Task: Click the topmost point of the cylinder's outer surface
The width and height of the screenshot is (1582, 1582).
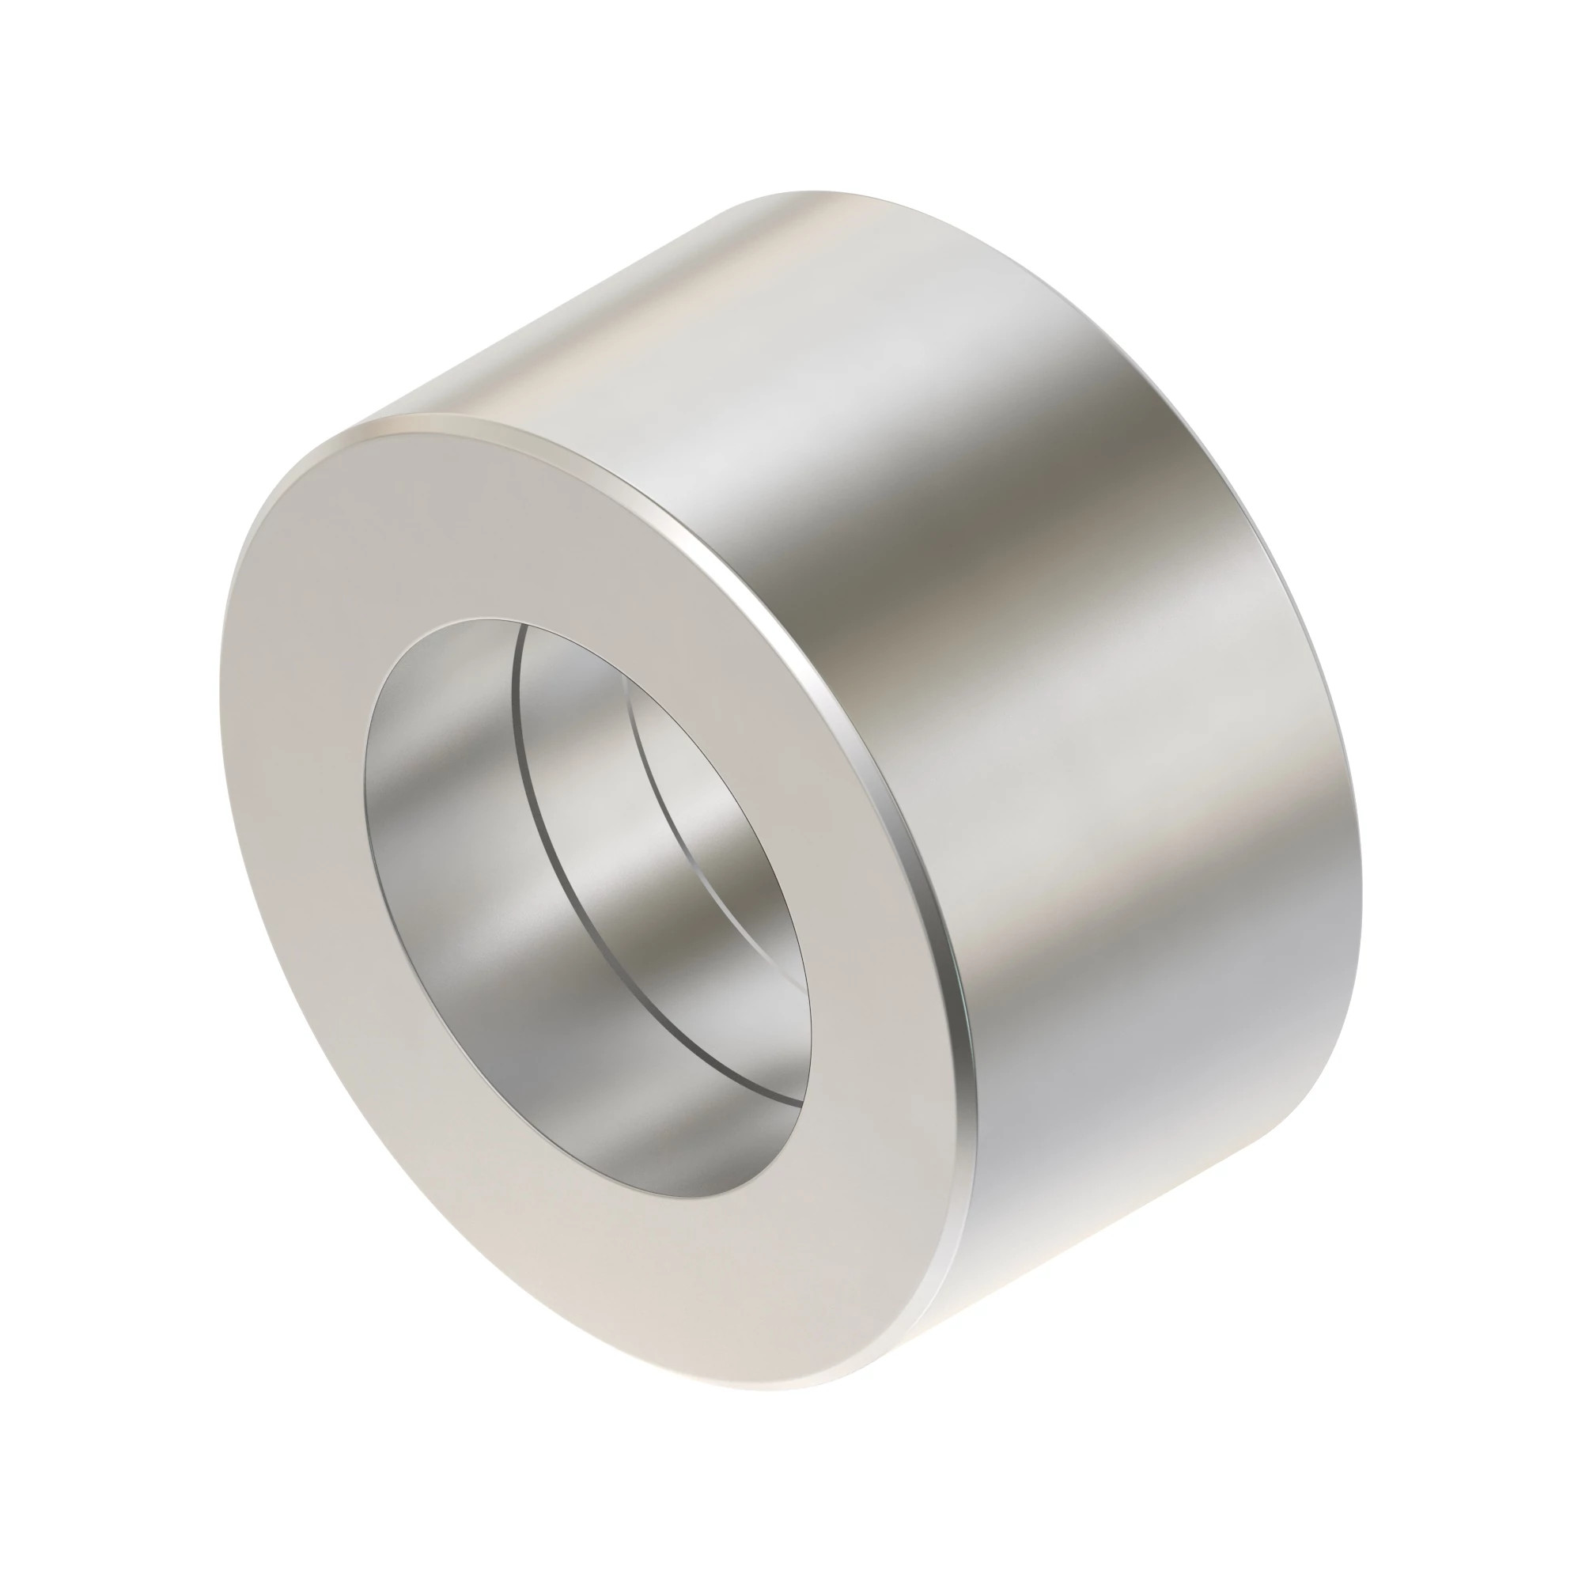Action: click(x=811, y=193)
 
